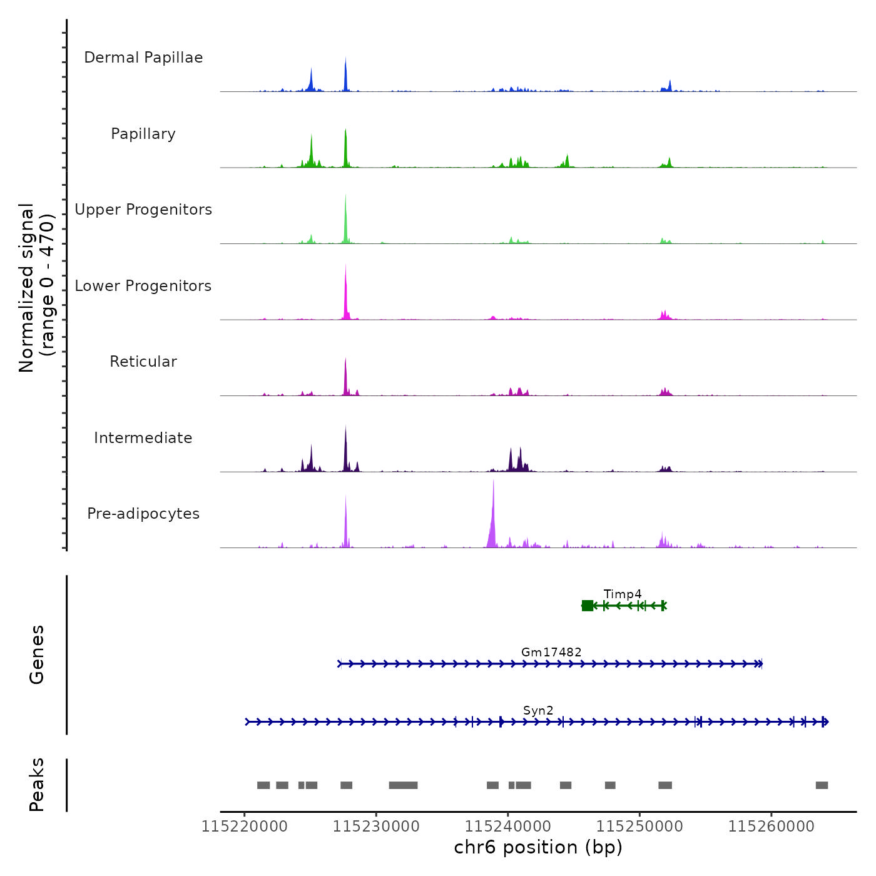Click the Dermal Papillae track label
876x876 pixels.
[x=143, y=58]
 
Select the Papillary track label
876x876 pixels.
[x=143, y=134]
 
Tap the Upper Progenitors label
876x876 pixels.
[x=143, y=210]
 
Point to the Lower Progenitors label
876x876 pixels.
[x=143, y=286]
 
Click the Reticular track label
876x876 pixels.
[x=143, y=362]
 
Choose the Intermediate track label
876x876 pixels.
[x=143, y=438]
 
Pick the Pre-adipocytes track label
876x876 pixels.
[x=143, y=514]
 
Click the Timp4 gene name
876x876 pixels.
[x=623, y=594]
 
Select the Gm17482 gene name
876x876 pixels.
[x=551, y=652]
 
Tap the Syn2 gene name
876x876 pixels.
[x=538, y=710]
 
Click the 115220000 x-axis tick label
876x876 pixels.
[x=245, y=827]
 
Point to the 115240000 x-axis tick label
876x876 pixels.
[x=508, y=827]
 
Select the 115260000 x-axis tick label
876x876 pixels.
[x=772, y=827]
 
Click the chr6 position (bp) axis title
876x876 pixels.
[x=538, y=847]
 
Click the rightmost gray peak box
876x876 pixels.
[x=822, y=785]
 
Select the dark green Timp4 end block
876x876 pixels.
[x=588, y=605]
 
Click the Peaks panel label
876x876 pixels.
[x=36, y=785]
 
